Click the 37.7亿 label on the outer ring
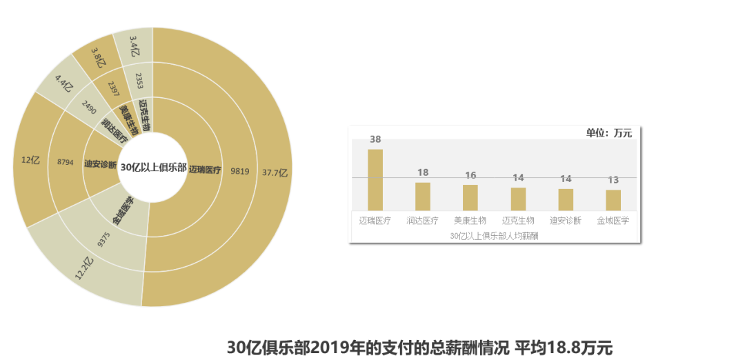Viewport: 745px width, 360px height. pos(274,172)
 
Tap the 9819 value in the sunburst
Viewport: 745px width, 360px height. pos(239,170)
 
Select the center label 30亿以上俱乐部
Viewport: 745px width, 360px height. pos(153,168)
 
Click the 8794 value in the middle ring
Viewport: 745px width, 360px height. pos(66,163)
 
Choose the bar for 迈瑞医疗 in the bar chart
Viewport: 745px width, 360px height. pos(375,180)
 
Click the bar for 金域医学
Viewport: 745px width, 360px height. pos(613,200)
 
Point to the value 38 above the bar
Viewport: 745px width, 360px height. pos(375,139)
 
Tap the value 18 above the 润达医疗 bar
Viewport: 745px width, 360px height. pos(423,172)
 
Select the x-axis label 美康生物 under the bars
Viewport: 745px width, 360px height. pos(470,221)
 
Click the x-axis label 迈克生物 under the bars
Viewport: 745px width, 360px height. pos(518,221)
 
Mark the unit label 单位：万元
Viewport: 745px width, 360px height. pos(608,133)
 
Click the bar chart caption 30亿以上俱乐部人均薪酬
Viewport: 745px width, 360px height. pos(494,236)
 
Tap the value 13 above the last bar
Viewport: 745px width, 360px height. pos(613,180)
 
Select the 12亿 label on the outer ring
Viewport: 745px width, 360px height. pos(30,160)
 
